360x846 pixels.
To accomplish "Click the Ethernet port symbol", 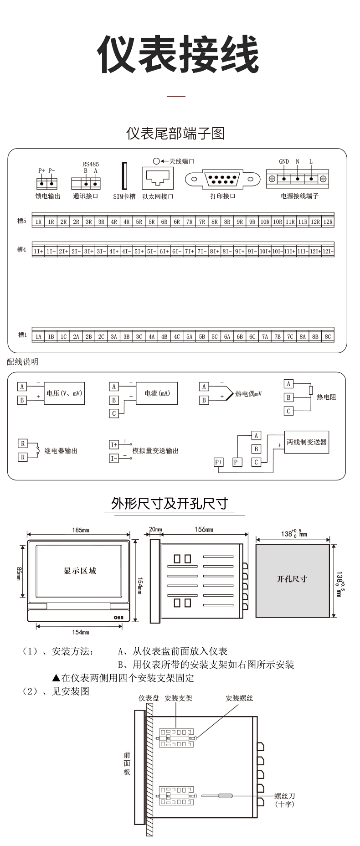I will pos(158,178).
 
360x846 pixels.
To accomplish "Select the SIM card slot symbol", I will pos(123,176).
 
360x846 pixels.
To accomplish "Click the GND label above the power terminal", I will pos(284,161).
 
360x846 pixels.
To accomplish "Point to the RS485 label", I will pos(91,164).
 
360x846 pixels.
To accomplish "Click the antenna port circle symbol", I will pos(156,161).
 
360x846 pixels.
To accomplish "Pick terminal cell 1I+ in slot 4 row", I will pos(38,251).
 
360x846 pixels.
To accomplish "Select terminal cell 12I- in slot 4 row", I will pos(328,251).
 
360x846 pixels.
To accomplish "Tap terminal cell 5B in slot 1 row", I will pos(202,337).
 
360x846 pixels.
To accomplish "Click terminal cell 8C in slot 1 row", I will pos(328,337).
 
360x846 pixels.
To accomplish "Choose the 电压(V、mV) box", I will pos(64,393).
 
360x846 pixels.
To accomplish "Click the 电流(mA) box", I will pos(157,393).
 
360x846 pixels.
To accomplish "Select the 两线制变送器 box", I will pos(306,442).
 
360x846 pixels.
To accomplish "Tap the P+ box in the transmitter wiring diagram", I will pos(219,462).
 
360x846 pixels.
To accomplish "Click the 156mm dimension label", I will pos(204,530).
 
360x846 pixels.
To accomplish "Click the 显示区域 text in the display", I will pos(80,571).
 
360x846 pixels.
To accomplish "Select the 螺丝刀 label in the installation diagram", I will pos(285,796).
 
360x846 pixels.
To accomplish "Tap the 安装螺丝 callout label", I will pos(239,698).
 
